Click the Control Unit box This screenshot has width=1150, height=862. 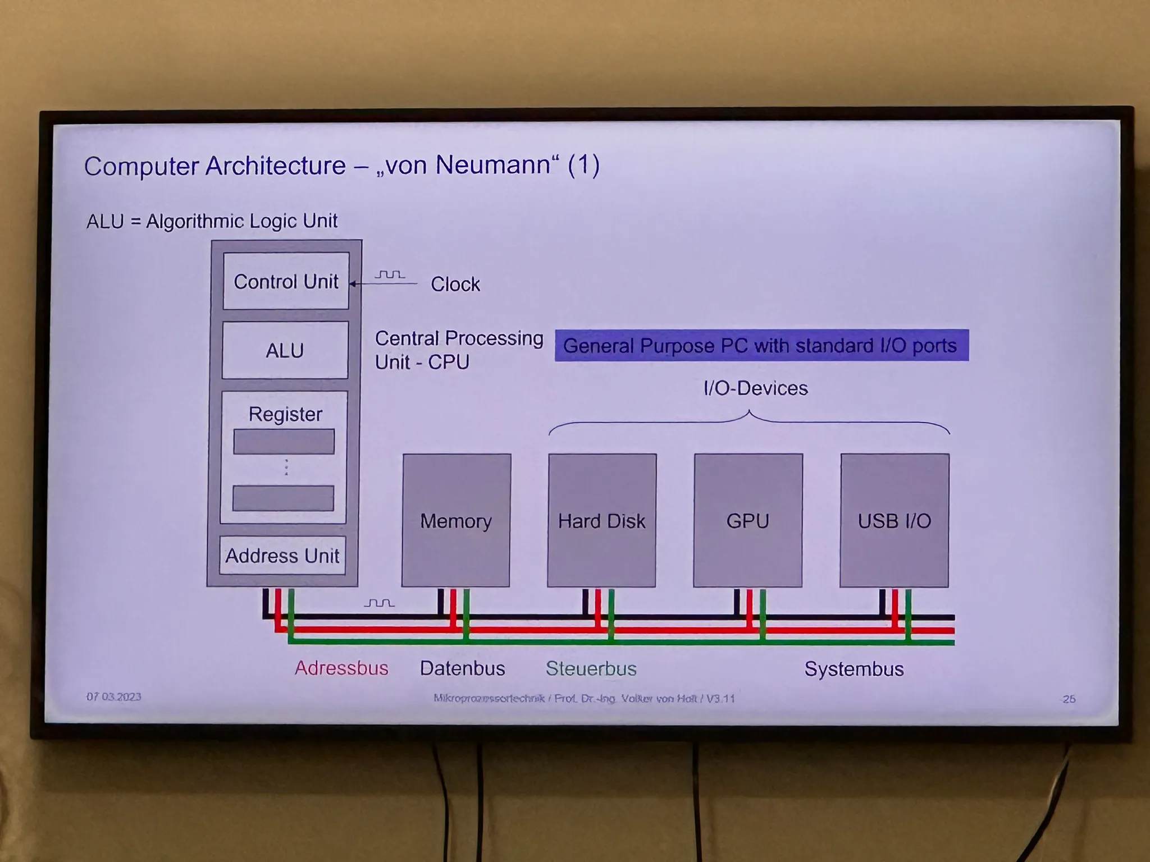[286, 281]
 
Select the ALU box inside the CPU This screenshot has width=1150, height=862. [285, 350]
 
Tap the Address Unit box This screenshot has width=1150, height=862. [282, 556]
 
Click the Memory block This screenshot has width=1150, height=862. [456, 521]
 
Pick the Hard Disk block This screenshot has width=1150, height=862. [601, 521]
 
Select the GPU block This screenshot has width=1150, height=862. [748, 521]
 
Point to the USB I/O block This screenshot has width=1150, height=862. [895, 521]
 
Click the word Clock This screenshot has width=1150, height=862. [455, 284]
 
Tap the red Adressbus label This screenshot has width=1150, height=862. [341, 668]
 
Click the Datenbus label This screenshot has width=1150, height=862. [462, 668]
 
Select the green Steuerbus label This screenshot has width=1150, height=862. [591, 668]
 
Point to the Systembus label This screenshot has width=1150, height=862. [854, 669]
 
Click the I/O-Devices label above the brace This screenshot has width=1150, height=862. [755, 388]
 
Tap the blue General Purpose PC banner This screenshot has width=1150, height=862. [761, 345]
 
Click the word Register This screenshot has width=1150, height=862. [285, 414]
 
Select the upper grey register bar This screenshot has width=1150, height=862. [284, 442]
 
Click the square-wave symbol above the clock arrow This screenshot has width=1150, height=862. [390, 274]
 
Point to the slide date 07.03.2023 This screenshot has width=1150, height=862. [113, 696]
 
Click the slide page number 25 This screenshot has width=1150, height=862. [1069, 699]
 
